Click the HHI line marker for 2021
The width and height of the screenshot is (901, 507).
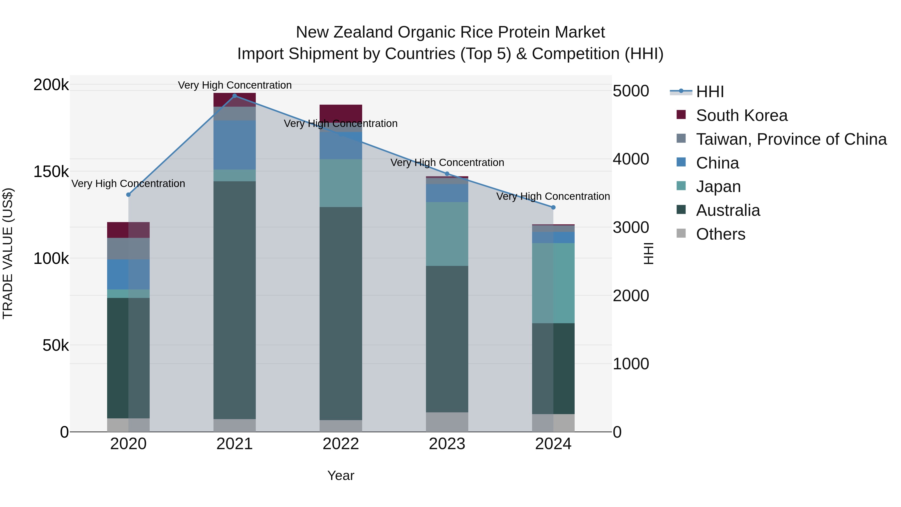coord(235,96)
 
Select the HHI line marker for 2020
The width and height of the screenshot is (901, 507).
coord(128,195)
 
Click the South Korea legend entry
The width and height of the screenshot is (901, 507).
coord(742,115)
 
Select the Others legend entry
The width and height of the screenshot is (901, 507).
coord(721,234)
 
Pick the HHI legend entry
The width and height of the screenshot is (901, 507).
coord(710,92)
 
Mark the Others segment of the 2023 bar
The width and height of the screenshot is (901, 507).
coord(447,422)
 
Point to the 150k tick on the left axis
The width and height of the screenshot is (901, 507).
coord(51,172)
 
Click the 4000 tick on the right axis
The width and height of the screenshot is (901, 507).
coord(631,159)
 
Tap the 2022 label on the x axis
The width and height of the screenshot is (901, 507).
coord(341,444)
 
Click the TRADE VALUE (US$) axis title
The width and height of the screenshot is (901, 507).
coord(8,253)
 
